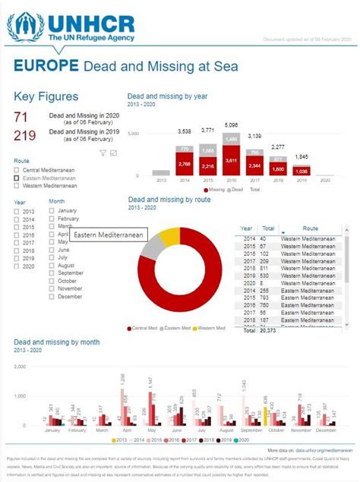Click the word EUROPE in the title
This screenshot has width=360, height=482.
(46, 66)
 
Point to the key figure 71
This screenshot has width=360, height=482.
(21, 117)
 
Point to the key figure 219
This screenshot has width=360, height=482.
(25, 135)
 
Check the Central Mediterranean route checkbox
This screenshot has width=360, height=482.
(17, 170)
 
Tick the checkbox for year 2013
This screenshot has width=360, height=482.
(17, 212)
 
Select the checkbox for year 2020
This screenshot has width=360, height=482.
(17, 266)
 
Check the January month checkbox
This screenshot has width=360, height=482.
(52, 210)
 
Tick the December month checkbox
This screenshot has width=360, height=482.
(52, 296)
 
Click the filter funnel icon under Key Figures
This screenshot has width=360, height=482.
(103, 153)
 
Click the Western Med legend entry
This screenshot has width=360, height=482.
(210, 328)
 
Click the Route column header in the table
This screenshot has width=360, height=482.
(310, 228)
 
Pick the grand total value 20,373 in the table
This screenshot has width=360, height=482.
(269, 331)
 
